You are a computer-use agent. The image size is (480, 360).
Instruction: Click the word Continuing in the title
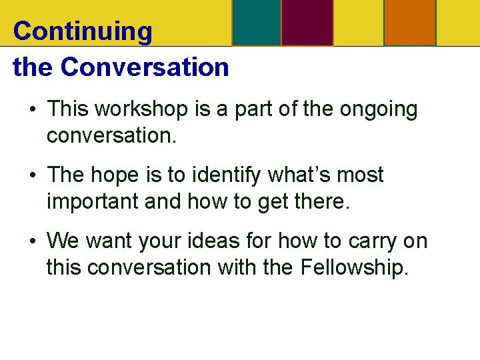[83, 31]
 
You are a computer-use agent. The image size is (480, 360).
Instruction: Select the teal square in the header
[257, 23]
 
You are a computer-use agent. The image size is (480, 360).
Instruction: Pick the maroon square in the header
[307, 23]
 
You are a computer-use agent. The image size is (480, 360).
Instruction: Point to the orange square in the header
[410, 23]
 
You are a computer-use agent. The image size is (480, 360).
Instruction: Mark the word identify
[227, 175]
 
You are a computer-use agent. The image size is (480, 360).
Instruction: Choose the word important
[93, 201]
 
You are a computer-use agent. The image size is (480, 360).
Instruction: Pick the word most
[362, 175]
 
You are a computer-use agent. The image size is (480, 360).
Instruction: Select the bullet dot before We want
[32, 241]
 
